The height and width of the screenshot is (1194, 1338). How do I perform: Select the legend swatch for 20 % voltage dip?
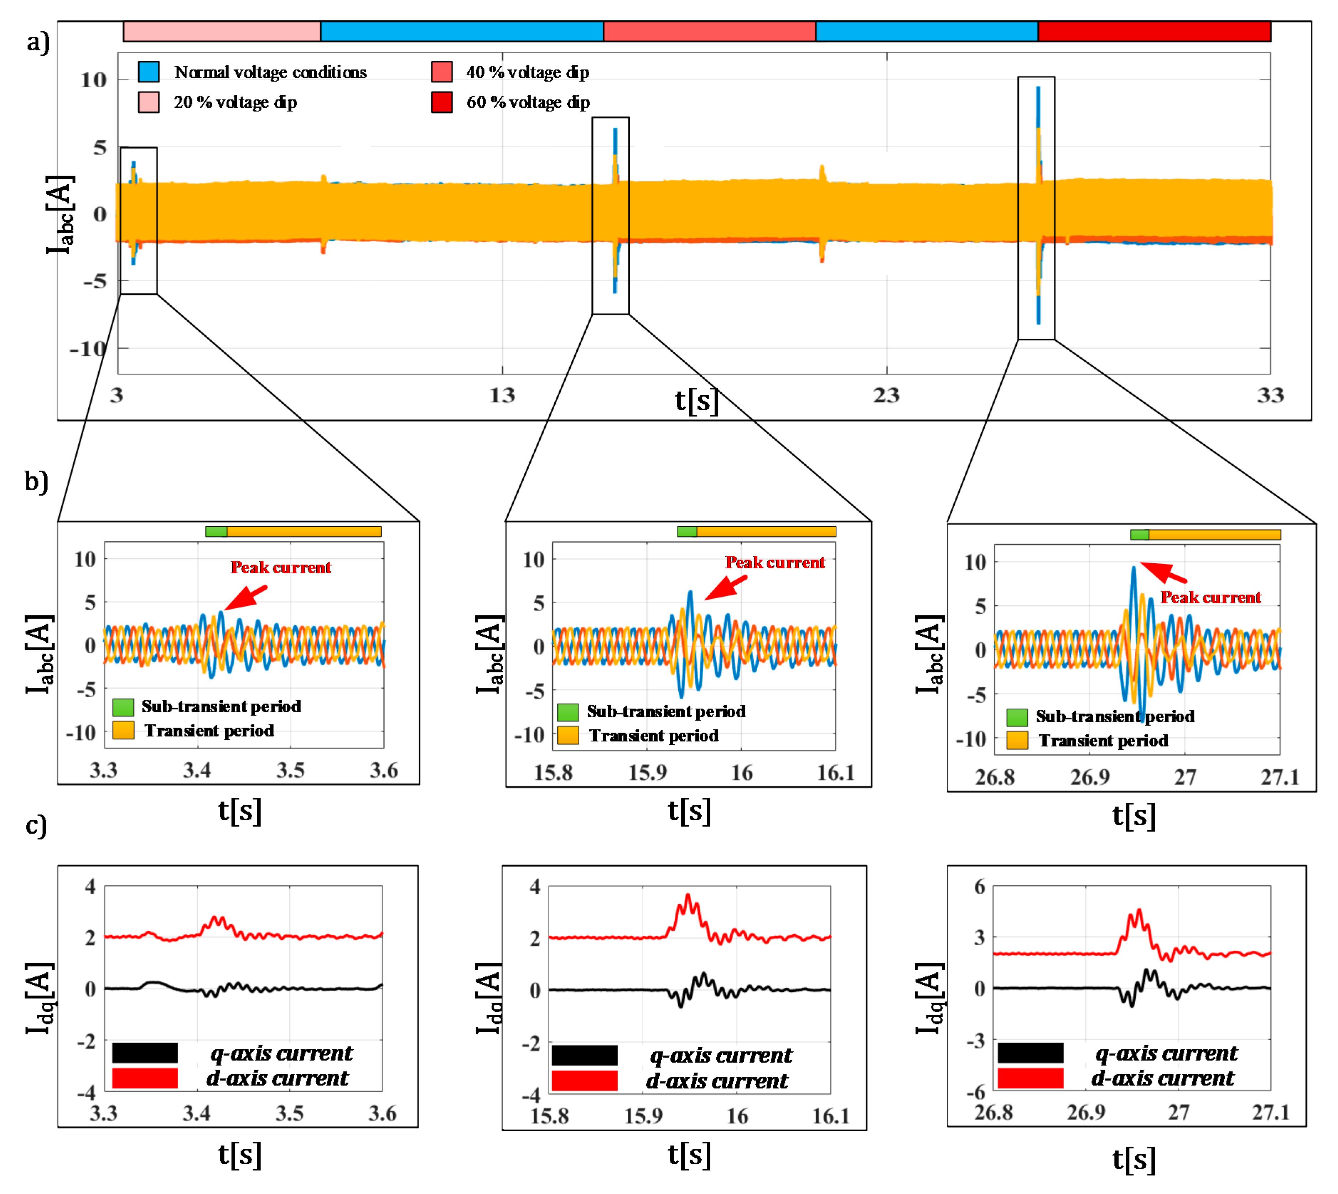[x=149, y=102]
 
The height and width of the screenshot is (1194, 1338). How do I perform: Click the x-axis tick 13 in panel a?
[x=502, y=395]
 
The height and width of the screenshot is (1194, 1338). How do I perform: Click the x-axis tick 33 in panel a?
[x=1270, y=395]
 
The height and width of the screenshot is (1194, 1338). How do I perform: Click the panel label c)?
[x=36, y=825]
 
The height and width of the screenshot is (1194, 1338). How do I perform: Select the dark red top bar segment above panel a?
[x=1154, y=31]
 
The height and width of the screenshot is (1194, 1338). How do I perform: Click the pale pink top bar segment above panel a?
[x=222, y=31]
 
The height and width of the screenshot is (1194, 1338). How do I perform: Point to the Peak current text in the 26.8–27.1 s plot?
[x=1211, y=597]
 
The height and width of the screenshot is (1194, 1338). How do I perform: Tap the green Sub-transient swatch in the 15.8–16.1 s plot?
[x=567, y=712]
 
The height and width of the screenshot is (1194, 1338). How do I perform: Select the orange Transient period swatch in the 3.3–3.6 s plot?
[x=123, y=730]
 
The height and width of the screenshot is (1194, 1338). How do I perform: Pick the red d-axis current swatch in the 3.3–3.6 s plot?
[x=145, y=1079]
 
